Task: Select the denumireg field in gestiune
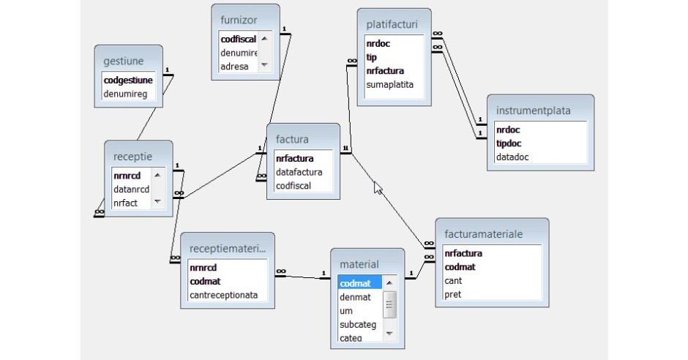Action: click(x=124, y=94)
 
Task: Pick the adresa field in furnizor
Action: click(x=235, y=67)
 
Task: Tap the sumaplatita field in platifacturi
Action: click(x=390, y=85)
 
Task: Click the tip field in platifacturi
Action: click(x=372, y=57)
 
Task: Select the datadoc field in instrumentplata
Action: click(x=512, y=157)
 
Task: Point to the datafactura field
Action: click(x=299, y=172)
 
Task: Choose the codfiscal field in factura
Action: click(x=293, y=186)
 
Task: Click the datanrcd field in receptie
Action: click(x=131, y=190)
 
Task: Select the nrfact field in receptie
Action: click(x=125, y=203)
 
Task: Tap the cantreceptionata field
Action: click(x=228, y=295)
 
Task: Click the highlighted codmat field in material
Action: click(x=356, y=283)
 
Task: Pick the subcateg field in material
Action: click(x=357, y=324)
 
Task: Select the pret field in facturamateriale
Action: click(x=452, y=294)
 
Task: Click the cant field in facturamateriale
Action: click(x=452, y=281)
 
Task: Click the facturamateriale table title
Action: click(x=483, y=234)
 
